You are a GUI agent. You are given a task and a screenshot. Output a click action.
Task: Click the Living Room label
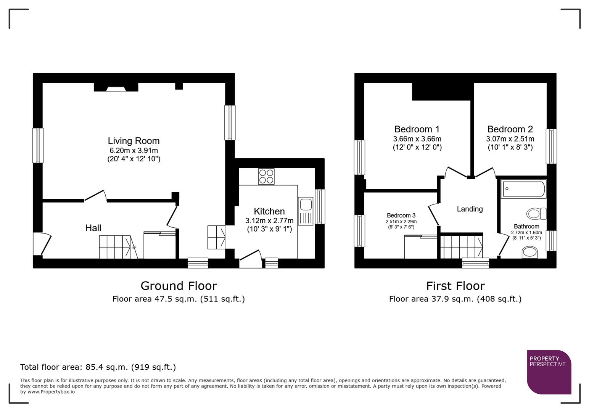click(134, 141)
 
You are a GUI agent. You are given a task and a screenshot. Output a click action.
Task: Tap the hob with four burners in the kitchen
click(266, 176)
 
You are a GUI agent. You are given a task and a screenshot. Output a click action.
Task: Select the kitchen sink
click(306, 205)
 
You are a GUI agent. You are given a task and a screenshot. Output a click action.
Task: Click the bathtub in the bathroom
click(523, 189)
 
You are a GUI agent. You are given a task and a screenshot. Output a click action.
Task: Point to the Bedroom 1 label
click(417, 129)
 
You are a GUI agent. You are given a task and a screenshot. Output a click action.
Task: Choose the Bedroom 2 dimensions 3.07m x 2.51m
click(510, 139)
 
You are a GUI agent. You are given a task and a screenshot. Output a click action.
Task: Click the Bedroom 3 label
click(401, 216)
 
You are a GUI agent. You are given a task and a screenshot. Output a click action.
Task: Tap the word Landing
click(470, 209)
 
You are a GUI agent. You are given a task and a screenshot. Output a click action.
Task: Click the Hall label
click(93, 228)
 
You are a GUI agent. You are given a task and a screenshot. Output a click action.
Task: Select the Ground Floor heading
click(179, 286)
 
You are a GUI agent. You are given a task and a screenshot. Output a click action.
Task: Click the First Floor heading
click(455, 286)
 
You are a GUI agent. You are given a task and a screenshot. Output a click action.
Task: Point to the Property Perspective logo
click(549, 372)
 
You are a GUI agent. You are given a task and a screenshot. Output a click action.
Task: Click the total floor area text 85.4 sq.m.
click(98, 367)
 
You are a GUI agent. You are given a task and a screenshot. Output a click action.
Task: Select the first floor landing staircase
click(461, 247)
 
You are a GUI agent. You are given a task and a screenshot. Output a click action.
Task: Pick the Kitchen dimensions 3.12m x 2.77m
click(269, 220)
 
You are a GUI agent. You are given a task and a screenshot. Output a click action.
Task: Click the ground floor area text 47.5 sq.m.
click(179, 299)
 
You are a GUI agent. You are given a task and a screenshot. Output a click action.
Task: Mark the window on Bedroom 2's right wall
click(551, 146)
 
